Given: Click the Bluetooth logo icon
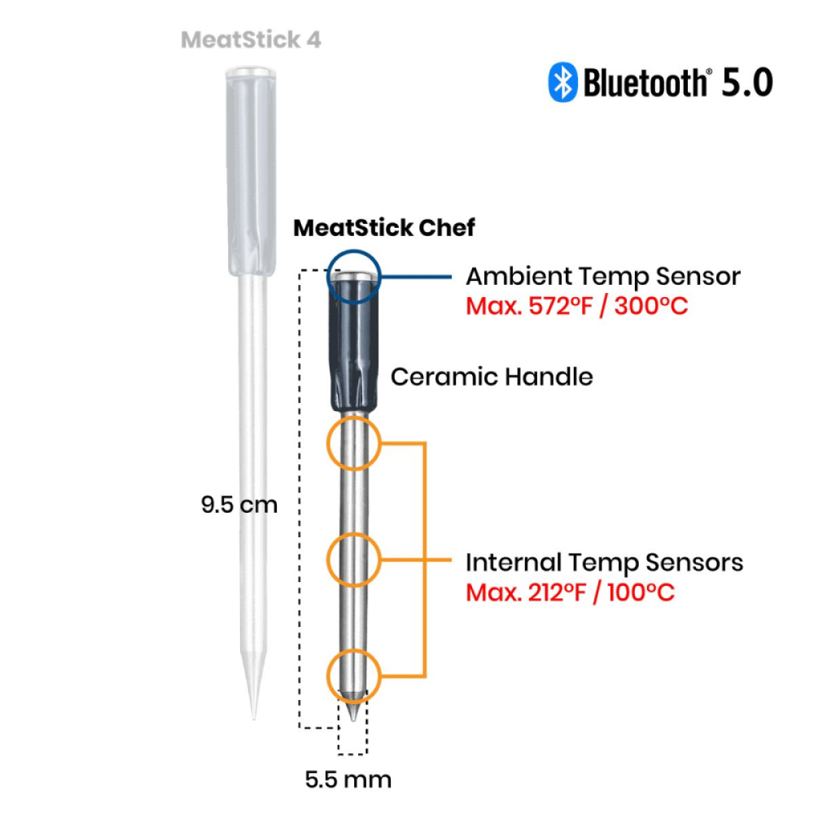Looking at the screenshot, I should (x=562, y=82).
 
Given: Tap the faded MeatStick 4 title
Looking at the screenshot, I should (x=251, y=39).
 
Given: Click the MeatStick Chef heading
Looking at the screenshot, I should (x=384, y=227).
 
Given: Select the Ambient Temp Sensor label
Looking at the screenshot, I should (x=602, y=277).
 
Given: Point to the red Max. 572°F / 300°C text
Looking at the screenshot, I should (x=577, y=306).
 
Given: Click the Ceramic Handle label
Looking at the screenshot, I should (x=492, y=376).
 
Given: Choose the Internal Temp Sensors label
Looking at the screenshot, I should (x=604, y=562).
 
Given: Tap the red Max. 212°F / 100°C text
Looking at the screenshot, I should (x=570, y=592).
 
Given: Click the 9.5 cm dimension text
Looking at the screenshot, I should (x=239, y=505).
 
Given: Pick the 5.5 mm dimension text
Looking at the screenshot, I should (x=348, y=779).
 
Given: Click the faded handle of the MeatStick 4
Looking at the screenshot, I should (x=250, y=170).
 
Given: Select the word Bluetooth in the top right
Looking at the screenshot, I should (x=644, y=83).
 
